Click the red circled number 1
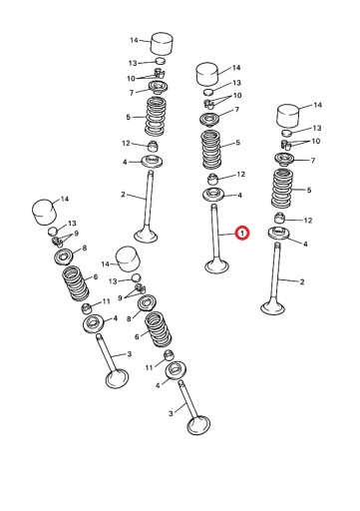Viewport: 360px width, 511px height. [x=242, y=234]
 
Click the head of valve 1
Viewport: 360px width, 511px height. [x=216, y=266]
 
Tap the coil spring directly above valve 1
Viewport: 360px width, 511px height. [x=211, y=150]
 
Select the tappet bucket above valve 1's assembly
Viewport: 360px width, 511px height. [x=208, y=74]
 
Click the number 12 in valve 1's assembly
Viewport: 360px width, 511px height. [x=240, y=174]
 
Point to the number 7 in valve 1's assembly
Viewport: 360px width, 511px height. [x=236, y=110]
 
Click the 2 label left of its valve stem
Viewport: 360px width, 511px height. [x=123, y=194]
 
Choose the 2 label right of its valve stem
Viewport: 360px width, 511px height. [x=302, y=282]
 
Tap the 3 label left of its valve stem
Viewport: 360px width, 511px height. [x=171, y=413]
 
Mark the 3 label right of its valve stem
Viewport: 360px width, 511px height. [x=130, y=354]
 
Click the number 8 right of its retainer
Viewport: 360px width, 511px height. [x=85, y=248]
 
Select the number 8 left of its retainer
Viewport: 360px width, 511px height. [x=129, y=318]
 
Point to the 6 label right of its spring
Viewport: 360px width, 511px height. [x=96, y=276]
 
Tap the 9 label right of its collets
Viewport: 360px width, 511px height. [x=76, y=234]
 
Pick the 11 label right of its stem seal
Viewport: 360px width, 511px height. [x=106, y=301]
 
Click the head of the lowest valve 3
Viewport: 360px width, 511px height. [x=198, y=425]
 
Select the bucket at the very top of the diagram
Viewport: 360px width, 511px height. [x=163, y=44]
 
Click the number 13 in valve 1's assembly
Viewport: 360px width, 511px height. [x=236, y=83]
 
